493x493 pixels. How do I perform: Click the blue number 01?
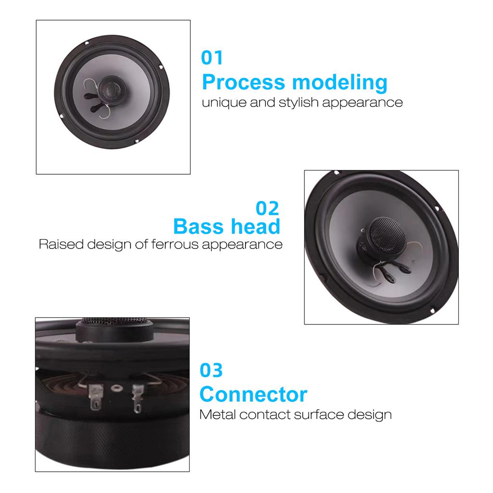[212, 58]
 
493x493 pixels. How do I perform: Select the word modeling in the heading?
[340, 83]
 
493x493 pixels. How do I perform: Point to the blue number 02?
[267, 208]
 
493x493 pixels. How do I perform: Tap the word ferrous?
[174, 244]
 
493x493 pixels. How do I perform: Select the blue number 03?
[211, 371]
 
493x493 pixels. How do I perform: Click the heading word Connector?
[253, 395]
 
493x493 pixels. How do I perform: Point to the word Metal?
[218, 414]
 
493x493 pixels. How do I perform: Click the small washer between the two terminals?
[116, 388]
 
